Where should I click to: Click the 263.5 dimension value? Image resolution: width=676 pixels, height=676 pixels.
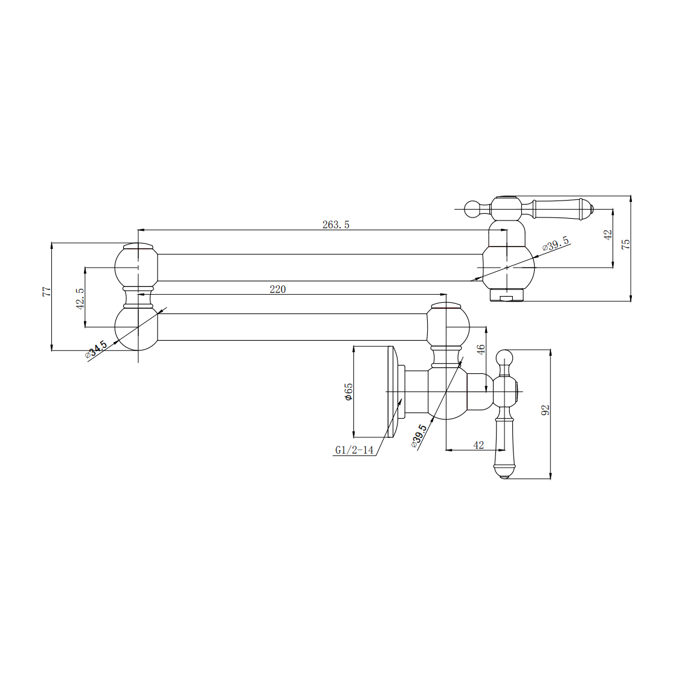click(336, 225)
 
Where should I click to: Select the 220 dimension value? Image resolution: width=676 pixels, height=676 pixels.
click(278, 289)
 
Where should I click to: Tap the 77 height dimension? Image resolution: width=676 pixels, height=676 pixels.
click(46, 291)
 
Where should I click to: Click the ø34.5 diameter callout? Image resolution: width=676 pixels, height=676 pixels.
click(97, 349)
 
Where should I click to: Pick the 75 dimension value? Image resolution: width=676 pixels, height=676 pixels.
click(626, 243)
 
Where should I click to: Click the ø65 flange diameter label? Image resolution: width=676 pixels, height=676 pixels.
click(349, 391)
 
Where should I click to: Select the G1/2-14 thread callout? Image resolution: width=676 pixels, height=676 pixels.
click(354, 450)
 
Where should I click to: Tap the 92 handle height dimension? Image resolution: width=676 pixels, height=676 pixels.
click(546, 411)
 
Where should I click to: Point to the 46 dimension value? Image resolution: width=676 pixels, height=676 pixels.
click(481, 350)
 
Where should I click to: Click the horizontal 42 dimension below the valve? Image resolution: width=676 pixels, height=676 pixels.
click(478, 445)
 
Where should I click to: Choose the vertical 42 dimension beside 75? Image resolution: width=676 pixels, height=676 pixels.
click(608, 234)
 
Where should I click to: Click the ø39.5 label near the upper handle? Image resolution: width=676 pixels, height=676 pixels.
click(556, 243)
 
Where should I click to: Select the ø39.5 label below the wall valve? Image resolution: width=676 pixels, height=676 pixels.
click(419, 435)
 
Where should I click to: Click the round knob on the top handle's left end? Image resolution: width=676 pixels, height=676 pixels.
click(472, 209)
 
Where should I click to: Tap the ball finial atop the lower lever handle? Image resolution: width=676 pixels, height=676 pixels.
click(504, 356)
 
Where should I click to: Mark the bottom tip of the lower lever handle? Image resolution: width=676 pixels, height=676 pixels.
click(504, 477)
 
